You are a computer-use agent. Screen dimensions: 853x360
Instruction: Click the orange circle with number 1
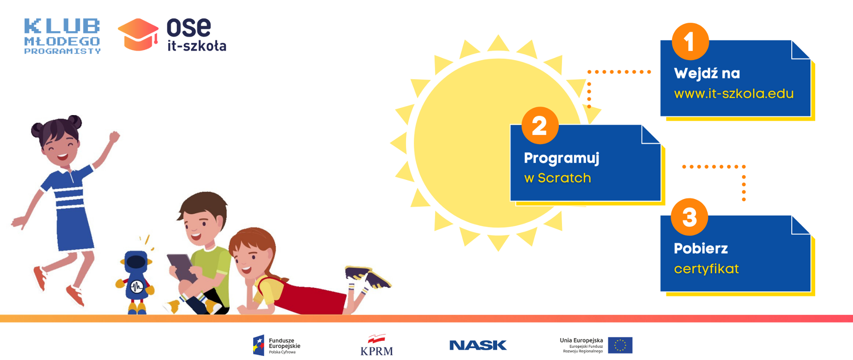coord(690,41)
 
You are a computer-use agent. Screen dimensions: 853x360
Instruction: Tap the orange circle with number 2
coord(540,125)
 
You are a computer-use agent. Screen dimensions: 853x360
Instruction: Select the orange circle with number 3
coord(689,217)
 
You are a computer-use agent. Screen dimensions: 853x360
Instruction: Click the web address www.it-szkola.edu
coord(733,94)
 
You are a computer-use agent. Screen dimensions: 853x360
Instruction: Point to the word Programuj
coord(562,159)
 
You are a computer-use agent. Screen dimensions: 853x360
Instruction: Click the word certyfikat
coord(706,269)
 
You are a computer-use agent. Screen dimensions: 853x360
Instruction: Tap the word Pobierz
coord(701,248)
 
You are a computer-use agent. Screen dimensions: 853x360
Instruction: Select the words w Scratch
coord(558,178)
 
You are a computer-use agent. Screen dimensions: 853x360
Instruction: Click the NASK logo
coord(478,345)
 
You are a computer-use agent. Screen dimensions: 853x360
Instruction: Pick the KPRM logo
coord(377,345)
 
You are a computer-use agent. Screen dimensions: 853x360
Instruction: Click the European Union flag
coord(620,345)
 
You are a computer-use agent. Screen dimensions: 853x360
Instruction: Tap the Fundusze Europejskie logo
coord(276,345)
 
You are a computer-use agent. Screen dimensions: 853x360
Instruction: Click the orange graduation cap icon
coord(138,35)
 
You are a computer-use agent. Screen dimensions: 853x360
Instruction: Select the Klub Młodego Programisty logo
coord(62,36)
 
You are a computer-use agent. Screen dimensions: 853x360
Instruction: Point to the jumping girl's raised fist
coord(115,137)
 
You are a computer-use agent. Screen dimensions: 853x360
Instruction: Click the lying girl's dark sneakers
coord(368,277)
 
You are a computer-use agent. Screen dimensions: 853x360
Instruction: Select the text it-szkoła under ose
coord(197,45)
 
